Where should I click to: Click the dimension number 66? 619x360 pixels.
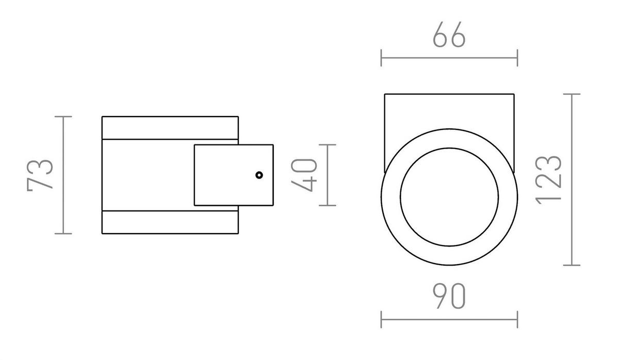pyautogui.click(x=449, y=36)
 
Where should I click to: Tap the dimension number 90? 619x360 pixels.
pyautogui.click(x=449, y=297)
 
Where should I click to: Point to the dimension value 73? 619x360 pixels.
pyautogui.click(x=40, y=175)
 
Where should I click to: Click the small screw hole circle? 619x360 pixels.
pyautogui.click(x=259, y=175)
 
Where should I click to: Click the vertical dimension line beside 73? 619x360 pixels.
pyautogui.click(x=63, y=175)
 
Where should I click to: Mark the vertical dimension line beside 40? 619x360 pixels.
pyautogui.click(x=328, y=175)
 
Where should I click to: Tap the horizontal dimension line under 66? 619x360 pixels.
pyautogui.click(x=449, y=58)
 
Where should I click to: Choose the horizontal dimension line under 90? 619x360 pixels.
pyautogui.click(x=449, y=320)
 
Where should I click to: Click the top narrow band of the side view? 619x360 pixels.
pyautogui.click(x=170, y=128)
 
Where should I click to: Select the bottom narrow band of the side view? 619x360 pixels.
pyautogui.click(x=170, y=222)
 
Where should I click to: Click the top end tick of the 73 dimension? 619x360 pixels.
pyautogui.click(x=63, y=117)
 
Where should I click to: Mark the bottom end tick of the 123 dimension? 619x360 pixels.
pyautogui.click(x=572, y=265)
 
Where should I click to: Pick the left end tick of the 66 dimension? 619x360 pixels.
pyautogui.click(x=381, y=58)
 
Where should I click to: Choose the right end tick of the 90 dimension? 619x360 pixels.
pyautogui.click(x=517, y=320)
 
